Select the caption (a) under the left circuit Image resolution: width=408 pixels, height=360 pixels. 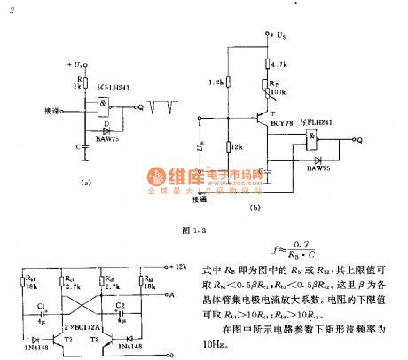point(85,183)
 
